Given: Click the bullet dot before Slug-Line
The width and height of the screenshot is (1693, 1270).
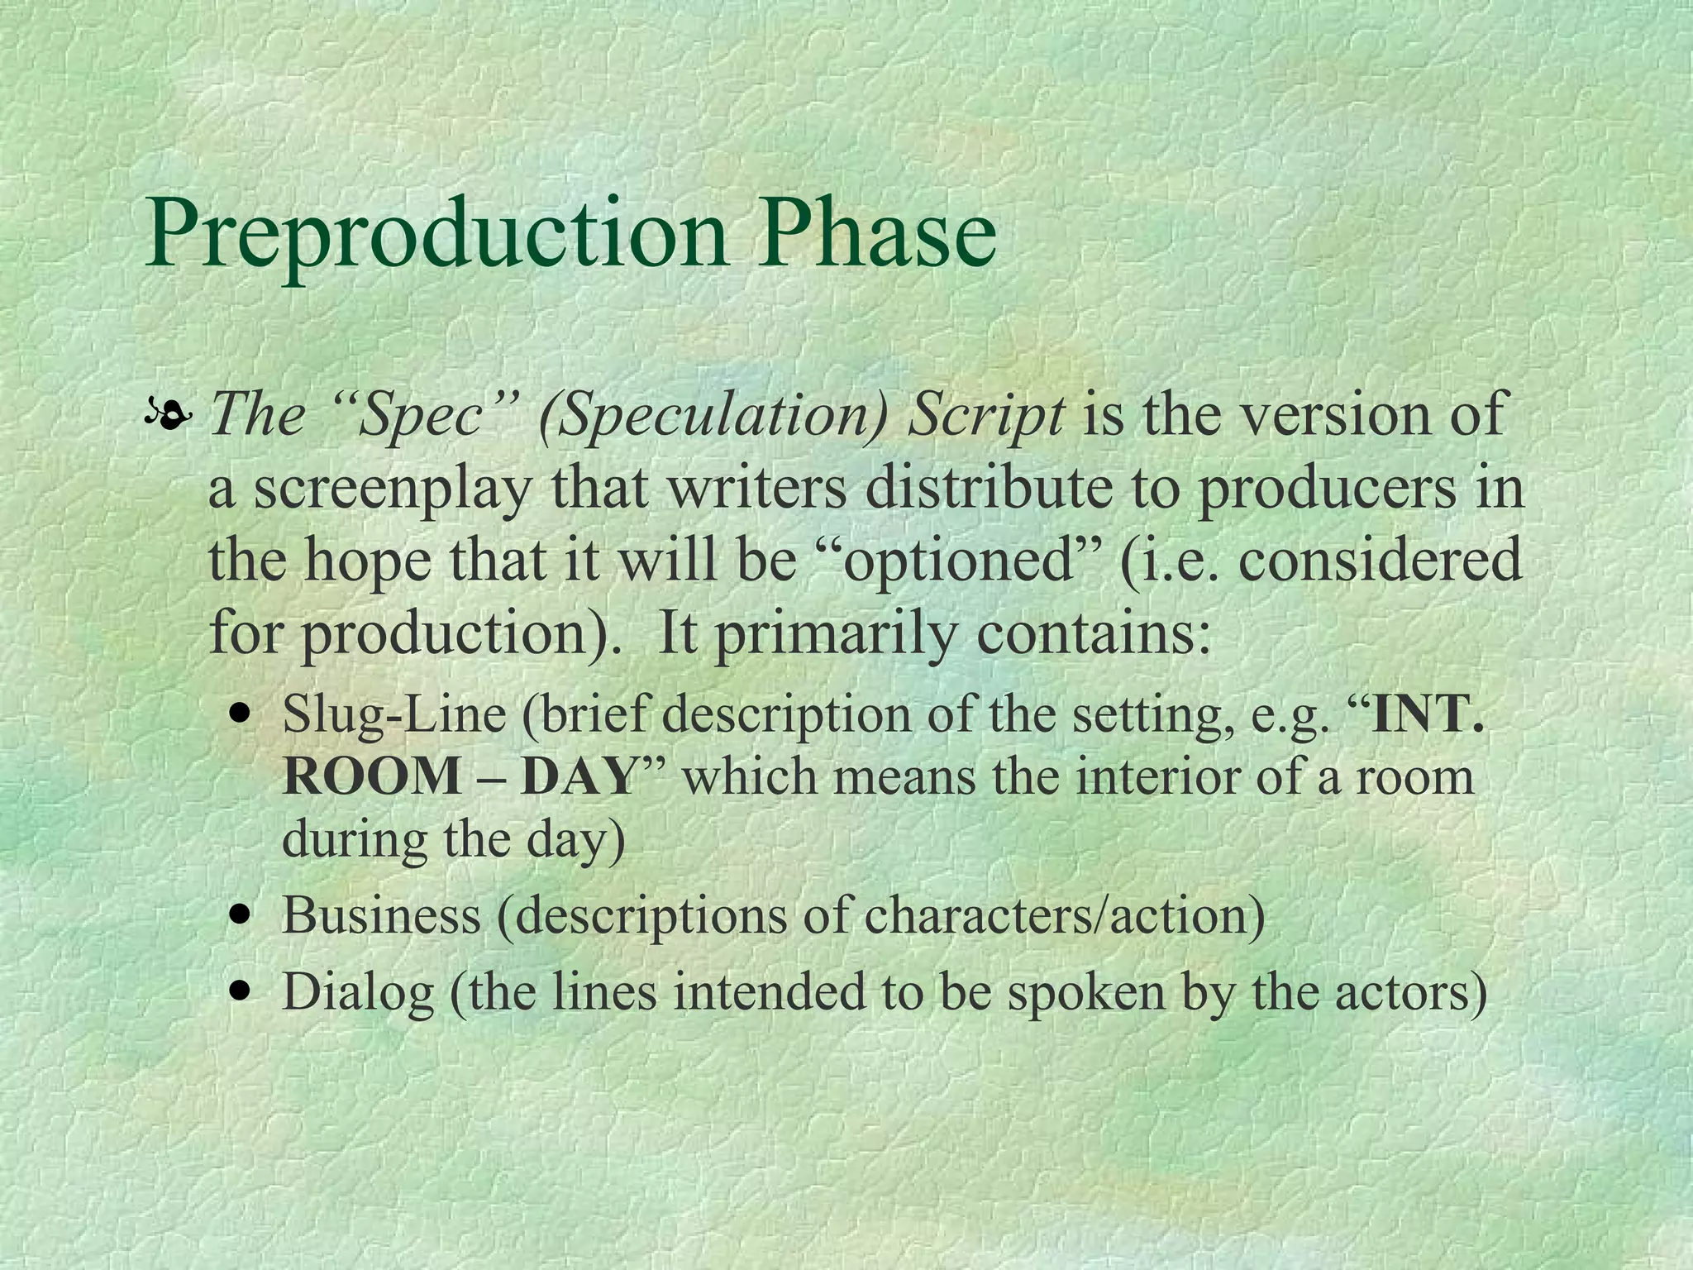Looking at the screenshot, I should point(241,714).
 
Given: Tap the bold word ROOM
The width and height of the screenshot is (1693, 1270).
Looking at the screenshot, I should point(370,777).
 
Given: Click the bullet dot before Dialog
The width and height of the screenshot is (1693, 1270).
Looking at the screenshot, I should point(241,991).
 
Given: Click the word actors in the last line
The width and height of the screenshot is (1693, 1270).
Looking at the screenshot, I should point(1409,991).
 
